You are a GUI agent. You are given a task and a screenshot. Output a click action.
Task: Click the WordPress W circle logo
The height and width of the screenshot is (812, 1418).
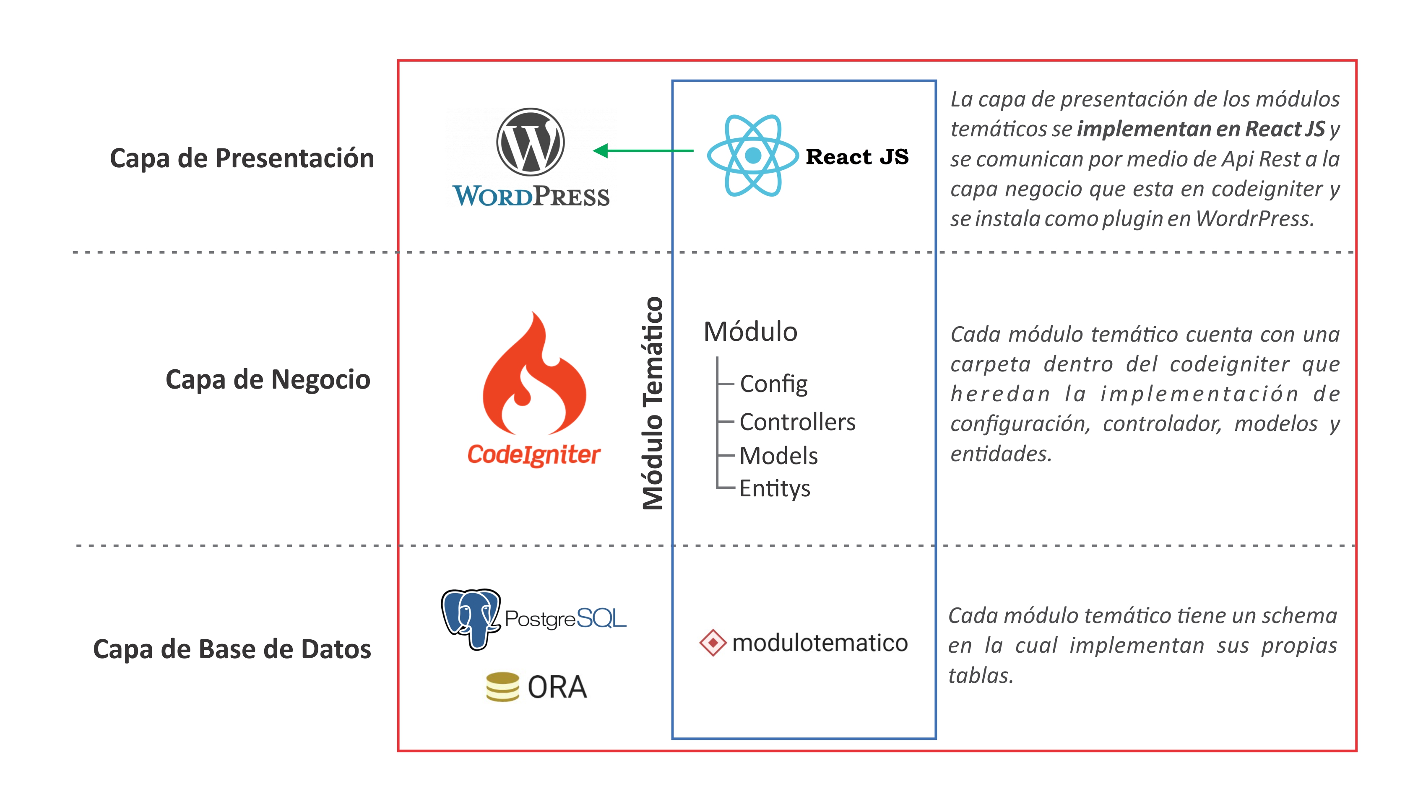click(x=530, y=142)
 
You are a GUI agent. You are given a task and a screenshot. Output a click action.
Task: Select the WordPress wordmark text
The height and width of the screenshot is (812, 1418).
click(x=531, y=196)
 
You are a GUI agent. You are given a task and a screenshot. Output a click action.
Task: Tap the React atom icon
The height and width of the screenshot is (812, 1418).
click(x=752, y=155)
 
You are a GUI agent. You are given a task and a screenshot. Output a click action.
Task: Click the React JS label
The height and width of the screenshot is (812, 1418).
click(x=857, y=157)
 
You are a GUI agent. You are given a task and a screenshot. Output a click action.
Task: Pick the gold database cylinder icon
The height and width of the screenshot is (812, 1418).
click(x=502, y=687)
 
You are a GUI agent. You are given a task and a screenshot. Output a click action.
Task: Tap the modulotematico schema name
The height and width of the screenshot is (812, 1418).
click(x=820, y=643)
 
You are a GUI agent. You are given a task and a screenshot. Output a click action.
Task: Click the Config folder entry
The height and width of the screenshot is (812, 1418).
click(x=773, y=384)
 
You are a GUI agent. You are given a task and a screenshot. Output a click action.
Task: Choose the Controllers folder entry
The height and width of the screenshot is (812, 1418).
click(x=797, y=422)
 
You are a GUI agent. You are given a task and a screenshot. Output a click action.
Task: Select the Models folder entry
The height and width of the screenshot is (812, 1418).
click(x=778, y=456)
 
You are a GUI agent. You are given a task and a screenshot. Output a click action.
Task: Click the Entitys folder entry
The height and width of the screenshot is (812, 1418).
click(x=774, y=488)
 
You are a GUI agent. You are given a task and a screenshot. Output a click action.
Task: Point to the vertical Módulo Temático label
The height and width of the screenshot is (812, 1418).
click(x=652, y=403)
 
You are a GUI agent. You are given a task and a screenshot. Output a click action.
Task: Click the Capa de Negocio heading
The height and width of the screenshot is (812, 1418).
click(x=268, y=380)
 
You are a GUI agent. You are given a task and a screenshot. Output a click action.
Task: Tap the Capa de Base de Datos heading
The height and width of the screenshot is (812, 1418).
click(x=232, y=649)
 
